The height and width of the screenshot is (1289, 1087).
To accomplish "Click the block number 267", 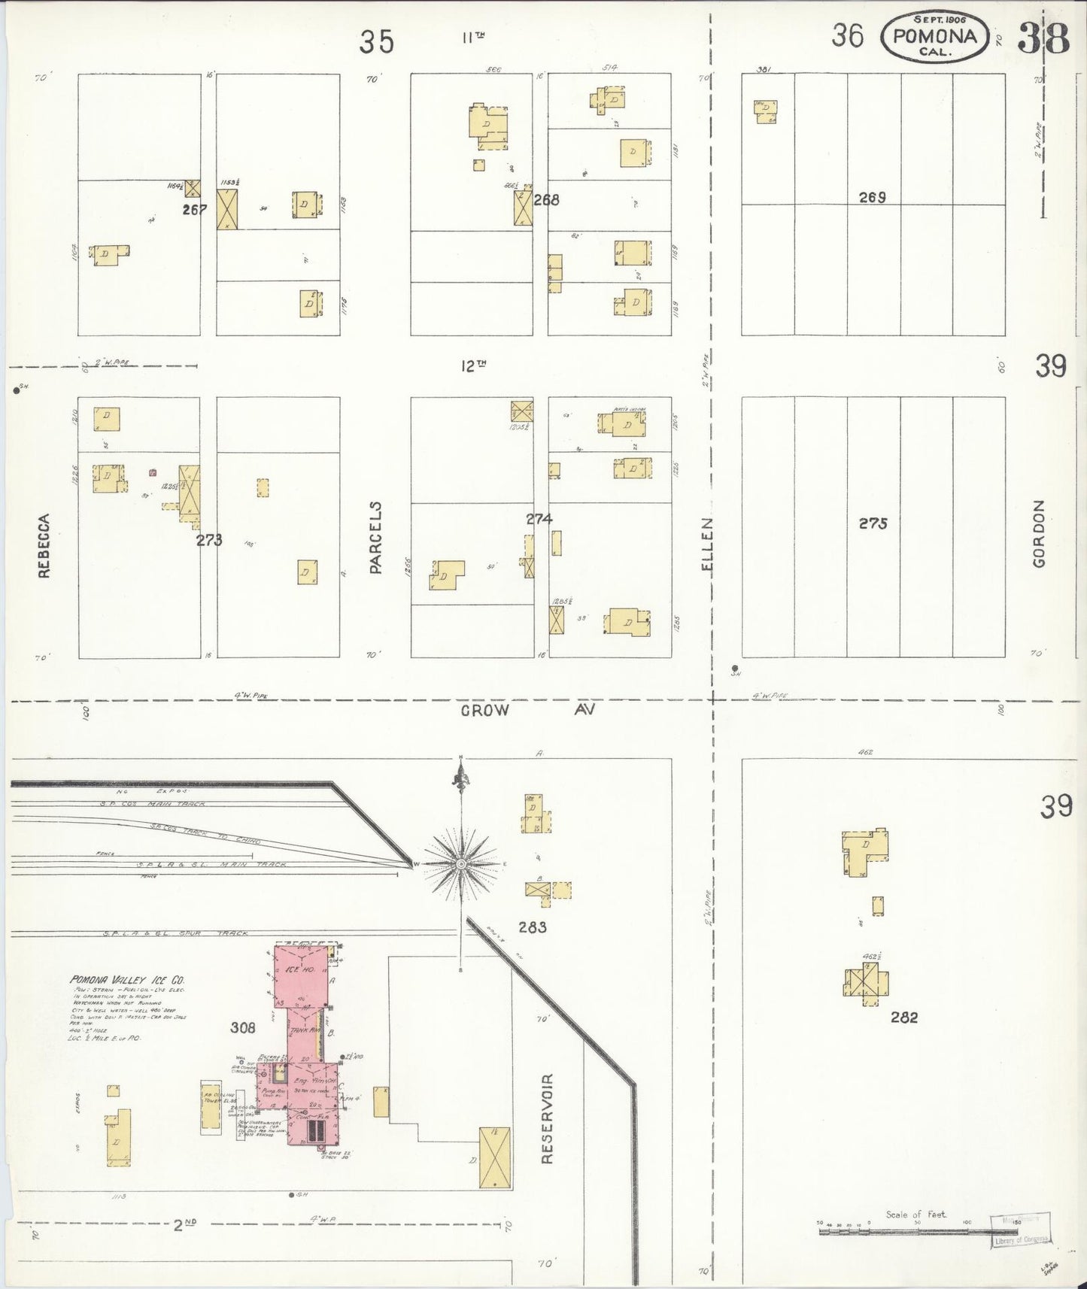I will (194, 210).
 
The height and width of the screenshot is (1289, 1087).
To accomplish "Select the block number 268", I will (546, 200).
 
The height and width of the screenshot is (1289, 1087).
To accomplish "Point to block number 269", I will (873, 197).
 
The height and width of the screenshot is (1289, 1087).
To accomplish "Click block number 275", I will (873, 523).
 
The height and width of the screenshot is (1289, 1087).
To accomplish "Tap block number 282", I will (904, 1018).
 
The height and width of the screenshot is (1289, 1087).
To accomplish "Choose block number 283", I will (532, 927).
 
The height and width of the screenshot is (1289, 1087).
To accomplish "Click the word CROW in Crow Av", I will (485, 710).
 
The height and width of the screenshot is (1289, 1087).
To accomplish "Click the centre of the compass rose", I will (460, 864).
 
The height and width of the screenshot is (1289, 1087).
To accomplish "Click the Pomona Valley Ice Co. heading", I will (126, 980).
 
